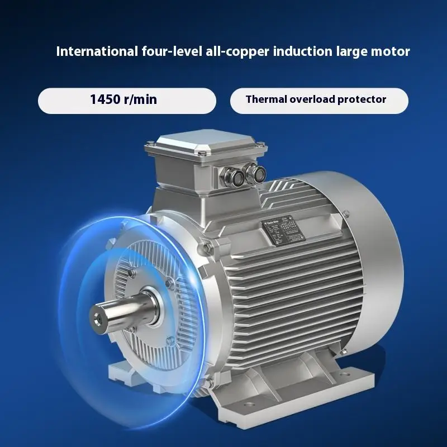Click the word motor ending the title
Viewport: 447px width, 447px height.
(391, 52)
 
